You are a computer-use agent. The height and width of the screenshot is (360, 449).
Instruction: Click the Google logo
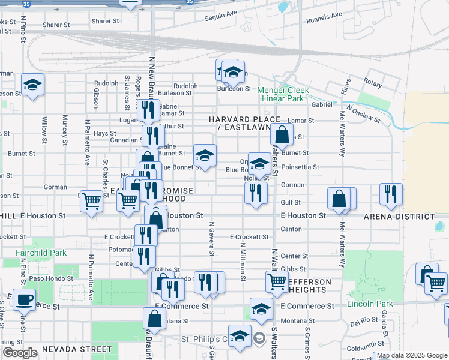(x=20, y=353)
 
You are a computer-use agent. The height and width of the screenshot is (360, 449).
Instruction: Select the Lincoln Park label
(x=370, y=304)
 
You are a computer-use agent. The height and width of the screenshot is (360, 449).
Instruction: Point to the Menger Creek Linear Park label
(x=283, y=94)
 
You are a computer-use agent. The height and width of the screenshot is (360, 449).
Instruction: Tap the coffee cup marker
(x=24, y=299)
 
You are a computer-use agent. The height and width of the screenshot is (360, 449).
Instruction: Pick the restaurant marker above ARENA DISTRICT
(x=391, y=194)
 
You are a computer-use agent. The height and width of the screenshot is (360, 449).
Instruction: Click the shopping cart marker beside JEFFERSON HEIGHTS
(x=277, y=281)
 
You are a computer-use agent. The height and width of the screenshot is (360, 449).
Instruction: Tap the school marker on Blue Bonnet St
(x=205, y=155)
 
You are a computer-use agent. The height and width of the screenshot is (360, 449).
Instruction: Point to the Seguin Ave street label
(x=222, y=17)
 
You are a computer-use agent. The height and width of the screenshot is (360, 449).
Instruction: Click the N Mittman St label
(x=243, y=261)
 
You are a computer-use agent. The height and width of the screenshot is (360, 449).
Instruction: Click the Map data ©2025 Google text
(x=411, y=355)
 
